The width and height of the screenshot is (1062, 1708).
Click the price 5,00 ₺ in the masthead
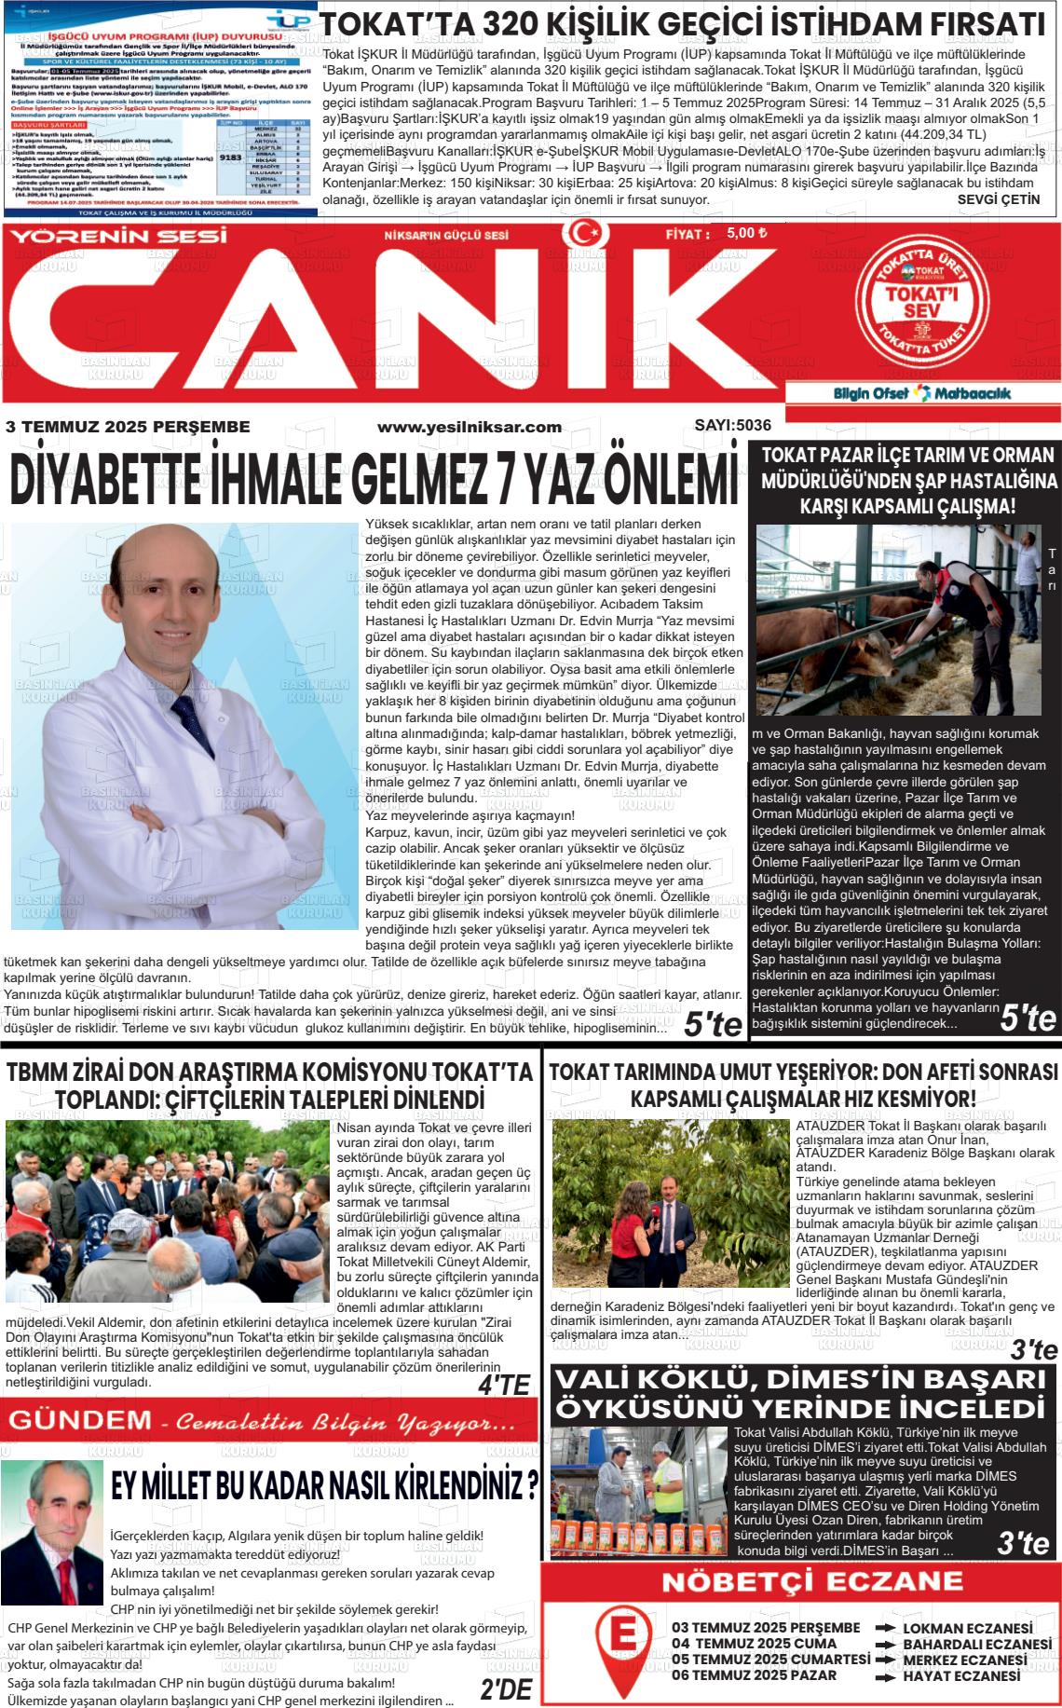pyautogui.click(x=746, y=233)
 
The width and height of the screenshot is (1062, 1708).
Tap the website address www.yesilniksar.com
pyautogui.click(x=469, y=427)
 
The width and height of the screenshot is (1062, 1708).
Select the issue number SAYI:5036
pyautogui.click(x=732, y=425)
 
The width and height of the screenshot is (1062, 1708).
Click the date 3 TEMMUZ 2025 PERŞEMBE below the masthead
pyautogui.click(x=128, y=427)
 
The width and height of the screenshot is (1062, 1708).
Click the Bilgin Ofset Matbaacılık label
pyautogui.click(x=920, y=393)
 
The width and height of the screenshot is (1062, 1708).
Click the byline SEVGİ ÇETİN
pyautogui.click(x=998, y=199)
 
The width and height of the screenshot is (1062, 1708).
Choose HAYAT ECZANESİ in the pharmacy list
pyautogui.click(x=961, y=1675)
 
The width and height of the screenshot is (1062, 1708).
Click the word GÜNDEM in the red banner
pyautogui.click(x=79, y=1421)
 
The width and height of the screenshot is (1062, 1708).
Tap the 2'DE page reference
pyautogui.click(x=506, y=1689)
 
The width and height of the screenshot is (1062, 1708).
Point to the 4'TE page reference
pyautogui.click(x=503, y=1386)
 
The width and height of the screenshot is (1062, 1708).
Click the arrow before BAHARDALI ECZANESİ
pyautogui.click(x=885, y=1644)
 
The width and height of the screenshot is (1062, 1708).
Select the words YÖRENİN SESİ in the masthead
pyautogui.click(x=118, y=236)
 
